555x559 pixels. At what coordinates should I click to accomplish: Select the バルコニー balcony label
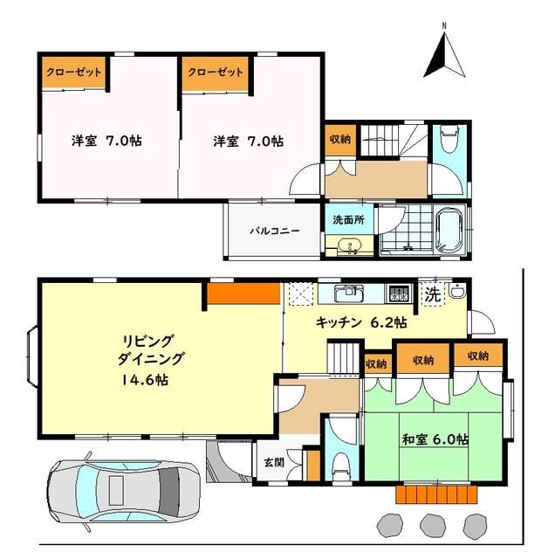tap(274, 231)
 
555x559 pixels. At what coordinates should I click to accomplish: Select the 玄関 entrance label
tap(271, 462)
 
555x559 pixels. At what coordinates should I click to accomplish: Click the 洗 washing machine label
tap(432, 296)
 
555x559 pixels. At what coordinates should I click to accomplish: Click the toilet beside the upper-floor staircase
tap(449, 140)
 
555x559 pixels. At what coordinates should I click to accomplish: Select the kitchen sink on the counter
tap(349, 292)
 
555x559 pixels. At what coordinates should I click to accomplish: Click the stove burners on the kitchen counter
tap(399, 293)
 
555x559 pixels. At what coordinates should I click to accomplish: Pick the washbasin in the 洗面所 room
tap(346, 248)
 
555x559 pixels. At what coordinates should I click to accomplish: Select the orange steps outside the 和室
tap(438, 494)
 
